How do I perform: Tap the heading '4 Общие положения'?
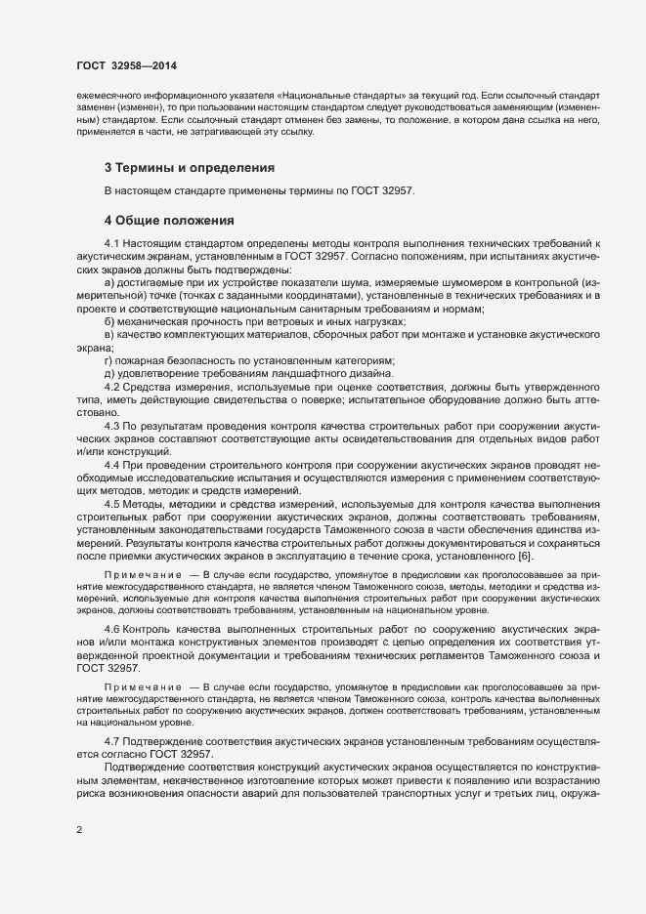coord(167,220)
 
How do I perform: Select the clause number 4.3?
coord(110,429)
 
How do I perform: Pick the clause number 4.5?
coord(110,503)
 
